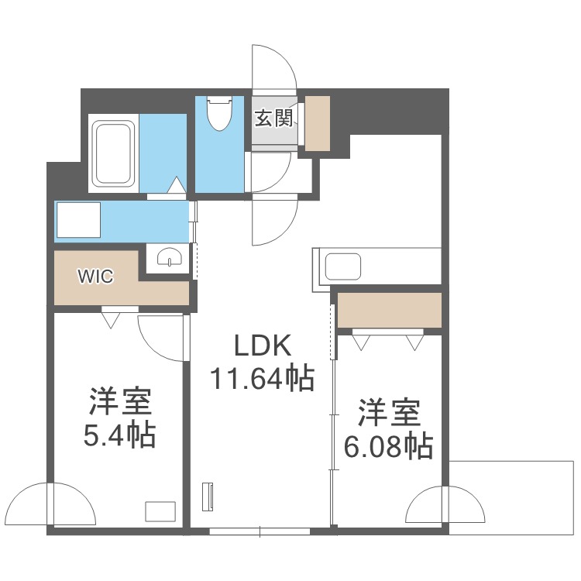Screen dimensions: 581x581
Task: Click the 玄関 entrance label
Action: point(273,119)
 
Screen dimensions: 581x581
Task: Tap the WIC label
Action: point(95,276)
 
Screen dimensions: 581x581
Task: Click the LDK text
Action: point(263,346)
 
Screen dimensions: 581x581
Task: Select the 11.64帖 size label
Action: point(263,379)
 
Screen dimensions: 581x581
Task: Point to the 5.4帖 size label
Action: point(119,435)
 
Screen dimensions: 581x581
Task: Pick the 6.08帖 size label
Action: point(389,446)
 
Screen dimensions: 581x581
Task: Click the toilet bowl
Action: point(219,113)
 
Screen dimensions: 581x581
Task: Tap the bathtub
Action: point(113,153)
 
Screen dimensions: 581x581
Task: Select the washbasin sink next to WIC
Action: point(170,256)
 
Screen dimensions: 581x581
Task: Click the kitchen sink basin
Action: point(342,266)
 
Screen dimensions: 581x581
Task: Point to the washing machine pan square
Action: point(78,220)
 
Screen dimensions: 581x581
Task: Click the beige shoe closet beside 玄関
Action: point(318,123)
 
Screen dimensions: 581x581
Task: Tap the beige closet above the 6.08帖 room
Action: point(390,310)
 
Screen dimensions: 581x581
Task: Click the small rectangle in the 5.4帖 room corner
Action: point(160,512)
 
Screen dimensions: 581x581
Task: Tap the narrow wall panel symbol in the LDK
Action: point(208,497)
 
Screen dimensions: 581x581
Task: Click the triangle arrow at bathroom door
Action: point(177,185)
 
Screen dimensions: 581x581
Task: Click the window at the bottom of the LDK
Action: point(260,531)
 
